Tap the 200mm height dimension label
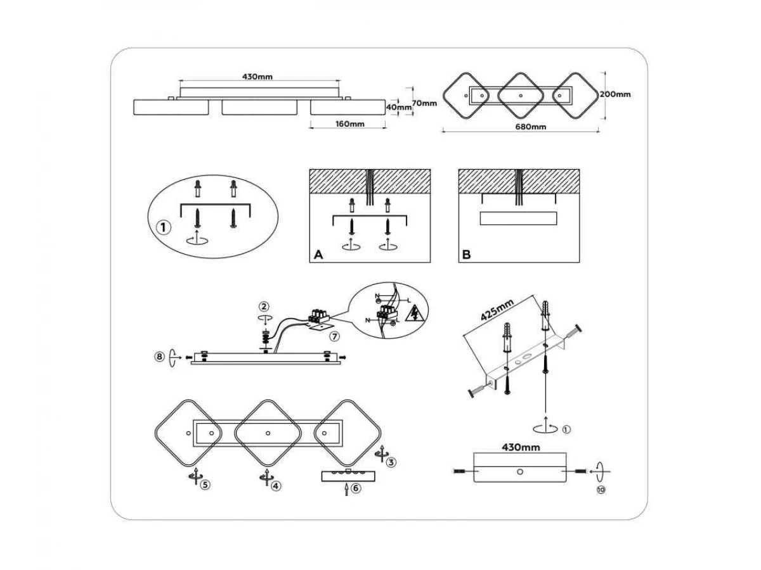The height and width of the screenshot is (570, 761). click(x=615, y=94)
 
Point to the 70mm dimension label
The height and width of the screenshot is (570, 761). click(x=424, y=103)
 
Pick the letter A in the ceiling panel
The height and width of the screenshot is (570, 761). click(x=319, y=255)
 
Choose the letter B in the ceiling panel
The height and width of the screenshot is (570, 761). click(x=467, y=255)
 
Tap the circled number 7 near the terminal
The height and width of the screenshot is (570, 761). click(x=335, y=334)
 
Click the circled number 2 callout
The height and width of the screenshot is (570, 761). click(x=264, y=308)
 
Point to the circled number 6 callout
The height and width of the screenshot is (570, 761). click(x=356, y=488)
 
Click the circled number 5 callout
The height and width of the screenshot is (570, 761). click(x=205, y=484)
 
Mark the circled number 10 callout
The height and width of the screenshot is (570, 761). click(x=601, y=490)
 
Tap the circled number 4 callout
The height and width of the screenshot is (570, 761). click(x=276, y=486)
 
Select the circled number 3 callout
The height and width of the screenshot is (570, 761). click(x=391, y=462)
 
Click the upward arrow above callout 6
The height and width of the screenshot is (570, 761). click(x=346, y=488)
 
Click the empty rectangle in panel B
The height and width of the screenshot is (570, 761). click(x=518, y=218)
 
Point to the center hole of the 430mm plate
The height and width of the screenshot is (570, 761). click(x=519, y=472)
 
